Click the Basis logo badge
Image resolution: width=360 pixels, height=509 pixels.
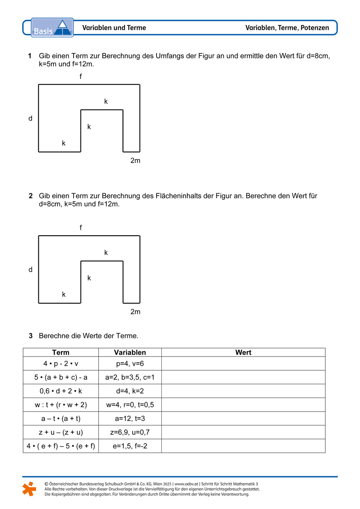[x=52, y=27]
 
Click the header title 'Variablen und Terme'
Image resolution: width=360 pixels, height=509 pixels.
[x=114, y=28]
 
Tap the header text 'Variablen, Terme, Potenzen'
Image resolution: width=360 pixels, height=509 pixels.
[x=287, y=28]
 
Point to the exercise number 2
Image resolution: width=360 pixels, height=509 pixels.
[x=30, y=196]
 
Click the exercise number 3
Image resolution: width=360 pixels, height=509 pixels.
[x=30, y=336]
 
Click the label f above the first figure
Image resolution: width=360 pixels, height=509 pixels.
[x=80, y=76]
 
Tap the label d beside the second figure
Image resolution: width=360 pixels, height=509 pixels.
[x=30, y=270]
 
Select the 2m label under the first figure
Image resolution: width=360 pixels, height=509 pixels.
[x=135, y=161]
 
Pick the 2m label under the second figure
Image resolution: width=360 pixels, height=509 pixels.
[x=135, y=312]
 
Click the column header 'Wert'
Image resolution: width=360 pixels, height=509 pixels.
[x=243, y=353]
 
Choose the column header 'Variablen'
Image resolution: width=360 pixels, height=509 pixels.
[x=130, y=353]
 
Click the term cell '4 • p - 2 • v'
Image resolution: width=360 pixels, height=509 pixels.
[x=61, y=363]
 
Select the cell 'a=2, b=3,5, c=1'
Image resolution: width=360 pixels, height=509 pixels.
[x=130, y=377]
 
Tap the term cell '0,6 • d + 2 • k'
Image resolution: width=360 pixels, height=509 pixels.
[x=61, y=391]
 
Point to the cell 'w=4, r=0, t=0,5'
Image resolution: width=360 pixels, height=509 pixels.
[x=130, y=405]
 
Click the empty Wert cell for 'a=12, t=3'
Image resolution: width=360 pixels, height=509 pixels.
[x=243, y=418]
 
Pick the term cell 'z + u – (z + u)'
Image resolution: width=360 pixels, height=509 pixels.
[x=61, y=432]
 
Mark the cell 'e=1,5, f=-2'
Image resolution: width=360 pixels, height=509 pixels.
[x=130, y=446]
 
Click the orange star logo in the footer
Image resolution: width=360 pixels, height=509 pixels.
[x=29, y=489]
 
